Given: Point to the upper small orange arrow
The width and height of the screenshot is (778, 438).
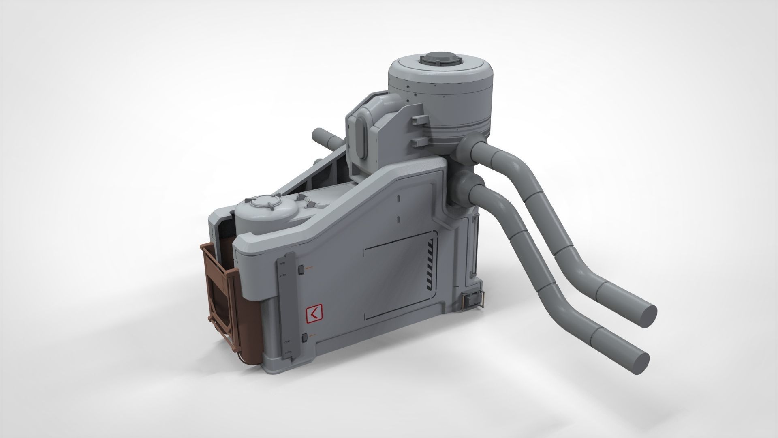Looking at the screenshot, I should click(310, 268).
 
